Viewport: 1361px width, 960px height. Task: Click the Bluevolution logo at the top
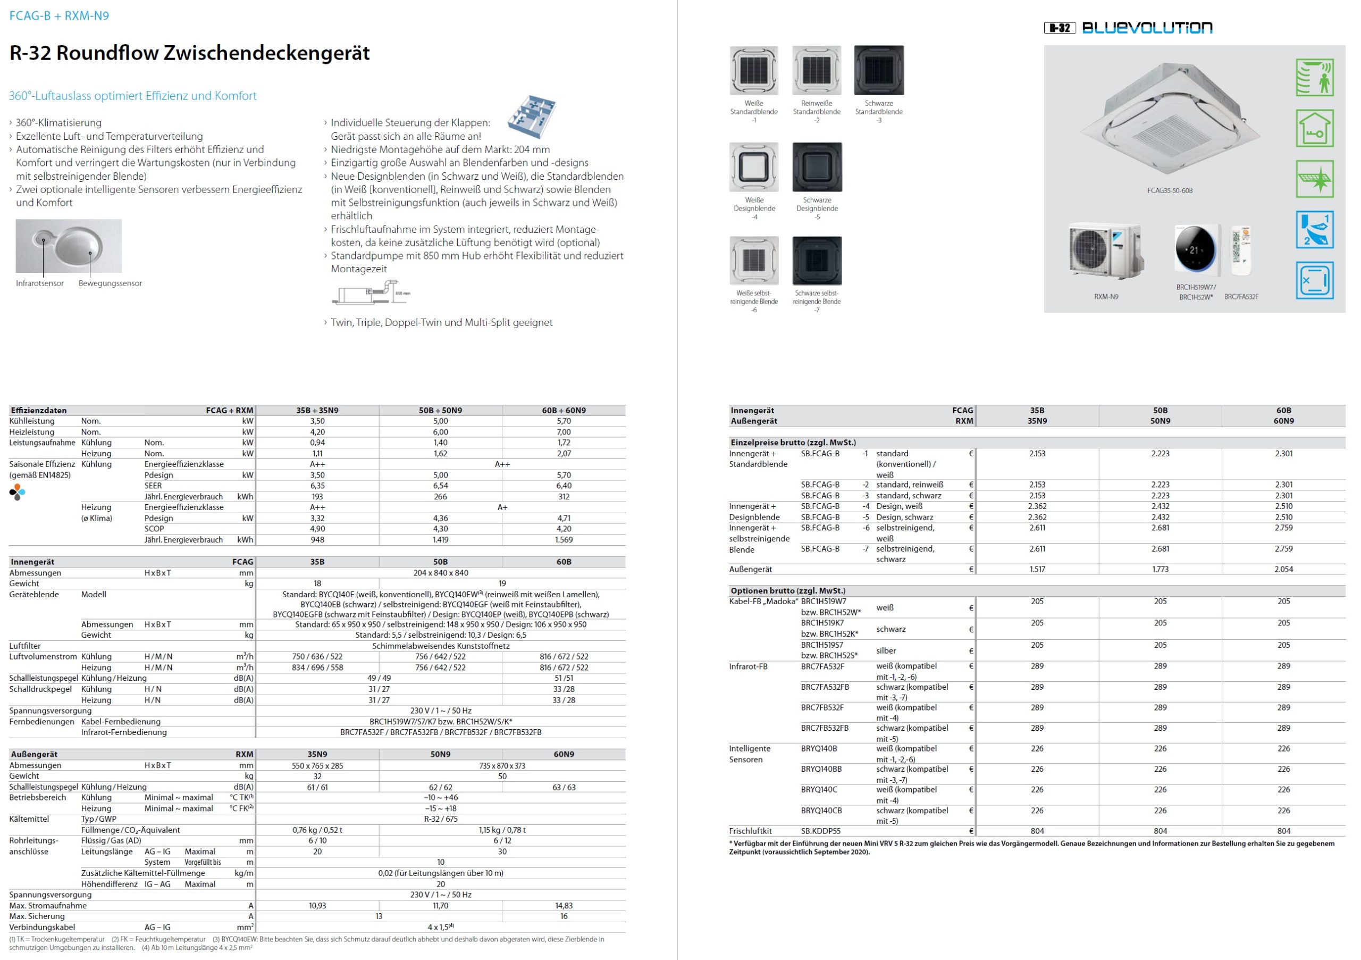click(1146, 28)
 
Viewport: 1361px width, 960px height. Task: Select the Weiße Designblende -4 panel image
click(753, 166)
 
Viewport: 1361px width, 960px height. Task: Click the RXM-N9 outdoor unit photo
click(1105, 252)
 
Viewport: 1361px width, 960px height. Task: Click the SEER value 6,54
click(440, 486)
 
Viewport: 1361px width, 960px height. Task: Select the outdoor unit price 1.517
click(1037, 569)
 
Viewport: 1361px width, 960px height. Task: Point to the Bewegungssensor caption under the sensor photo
click(110, 283)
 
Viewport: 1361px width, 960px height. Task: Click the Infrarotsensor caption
click(40, 283)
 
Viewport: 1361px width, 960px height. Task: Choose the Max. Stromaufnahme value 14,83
click(563, 905)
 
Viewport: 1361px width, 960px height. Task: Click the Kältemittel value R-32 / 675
click(440, 819)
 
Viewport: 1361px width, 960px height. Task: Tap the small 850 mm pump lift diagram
click(371, 295)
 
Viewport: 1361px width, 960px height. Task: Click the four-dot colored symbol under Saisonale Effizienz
click(18, 492)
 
